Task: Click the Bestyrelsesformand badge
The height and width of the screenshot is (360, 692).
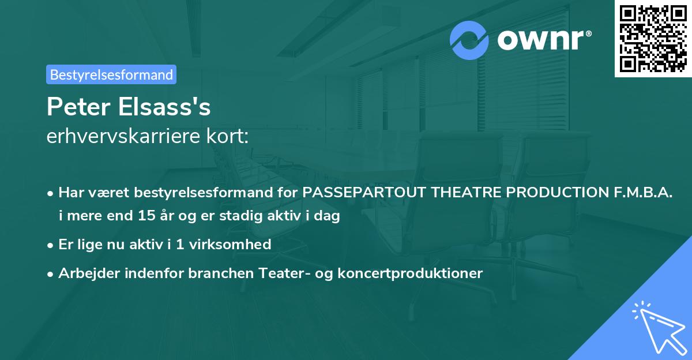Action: pos(111,74)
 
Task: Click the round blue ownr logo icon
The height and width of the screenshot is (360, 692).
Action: pos(470,39)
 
